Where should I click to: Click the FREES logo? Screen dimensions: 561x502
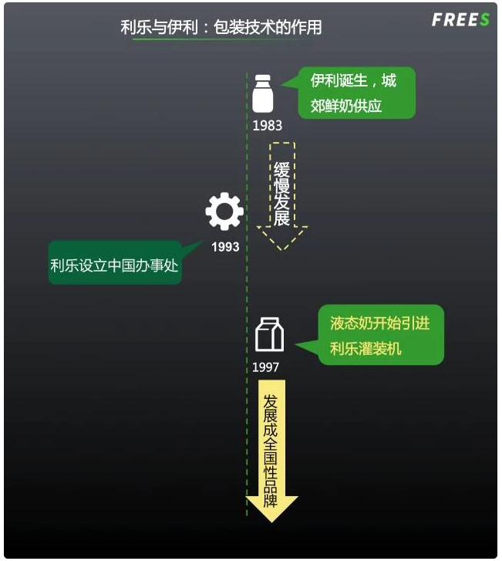[x=460, y=20]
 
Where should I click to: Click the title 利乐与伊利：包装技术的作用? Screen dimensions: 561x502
[x=221, y=28]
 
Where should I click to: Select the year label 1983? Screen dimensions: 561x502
[x=267, y=125]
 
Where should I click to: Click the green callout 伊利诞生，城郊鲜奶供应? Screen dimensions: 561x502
[x=352, y=93]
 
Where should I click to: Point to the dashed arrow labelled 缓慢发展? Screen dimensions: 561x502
[x=281, y=193]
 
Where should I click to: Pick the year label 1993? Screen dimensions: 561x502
[x=225, y=247]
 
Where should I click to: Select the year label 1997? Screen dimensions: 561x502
[x=266, y=367]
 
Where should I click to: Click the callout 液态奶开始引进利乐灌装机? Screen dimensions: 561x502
[x=381, y=335]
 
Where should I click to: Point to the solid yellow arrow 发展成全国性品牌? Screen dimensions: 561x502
[x=271, y=448]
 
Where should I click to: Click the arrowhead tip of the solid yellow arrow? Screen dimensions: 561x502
[x=271, y=519]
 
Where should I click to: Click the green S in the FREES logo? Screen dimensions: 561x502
[x=484, y=20]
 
